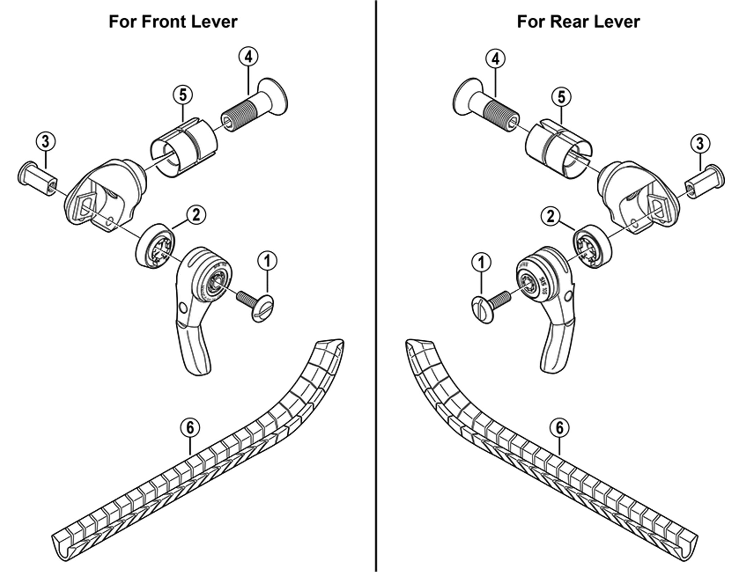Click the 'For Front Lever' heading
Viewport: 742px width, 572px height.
pyautogui.click(x=173, y=22)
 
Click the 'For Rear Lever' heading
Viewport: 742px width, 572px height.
pyautogui.click(x=578, y=22)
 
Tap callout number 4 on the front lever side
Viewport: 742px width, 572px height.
pyautogui.click(x=248, y=57)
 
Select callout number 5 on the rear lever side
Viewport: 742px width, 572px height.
pyautogui.click(x=561, y=97)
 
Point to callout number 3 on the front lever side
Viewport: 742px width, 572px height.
pyautogui.click(x=46, y=141)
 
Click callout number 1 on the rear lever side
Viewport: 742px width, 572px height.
pyautogui.click(x=481, y=263)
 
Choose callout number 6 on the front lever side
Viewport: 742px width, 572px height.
pyautogui.click(x=190, y=428)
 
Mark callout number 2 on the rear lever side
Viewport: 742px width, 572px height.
pyautogui.click(x=551, y=216)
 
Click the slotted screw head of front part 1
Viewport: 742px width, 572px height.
pyautogui.click(x=263, y=308)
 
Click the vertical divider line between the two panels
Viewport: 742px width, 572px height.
pyautogui.click(x=376, y=286)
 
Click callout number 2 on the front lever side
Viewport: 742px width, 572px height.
pyautogui.click(x=196, y=215)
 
